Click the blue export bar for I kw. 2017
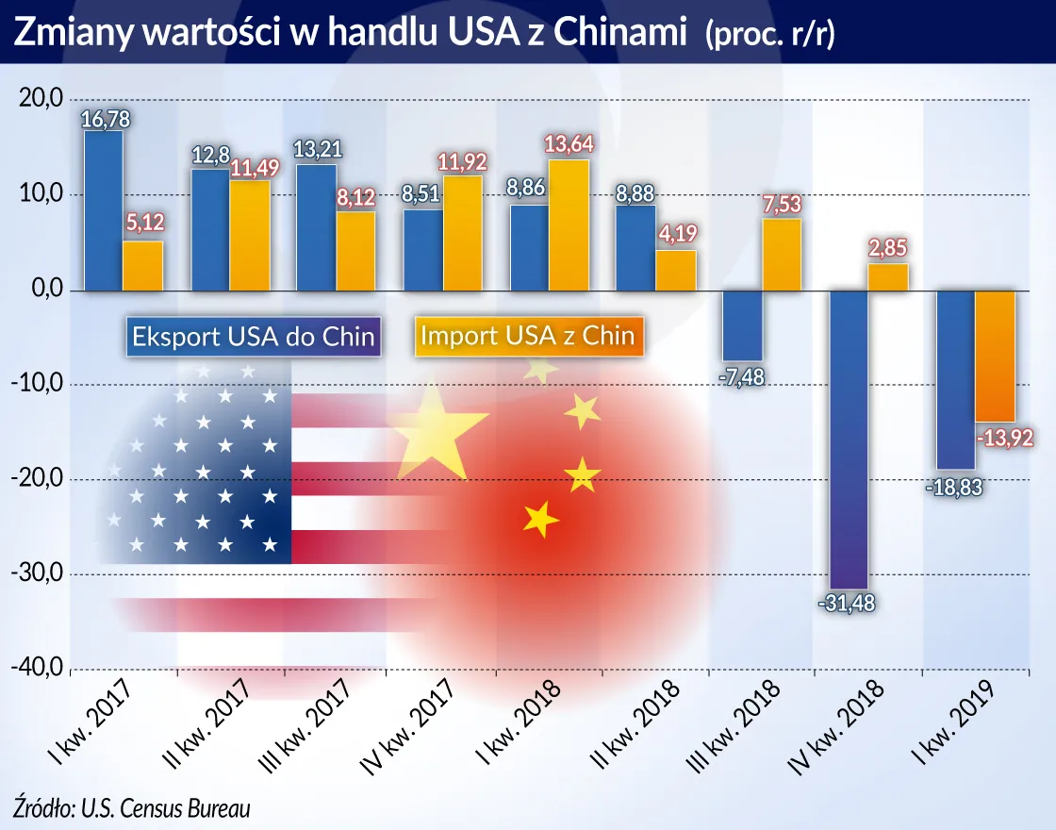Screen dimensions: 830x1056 coord(103,210)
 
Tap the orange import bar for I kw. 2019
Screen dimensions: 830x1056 coord(995,357)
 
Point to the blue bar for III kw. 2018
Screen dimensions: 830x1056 coord(742,325)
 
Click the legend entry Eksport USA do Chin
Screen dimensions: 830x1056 coord(252,337)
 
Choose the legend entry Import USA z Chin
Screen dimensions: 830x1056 coord(527,337)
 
